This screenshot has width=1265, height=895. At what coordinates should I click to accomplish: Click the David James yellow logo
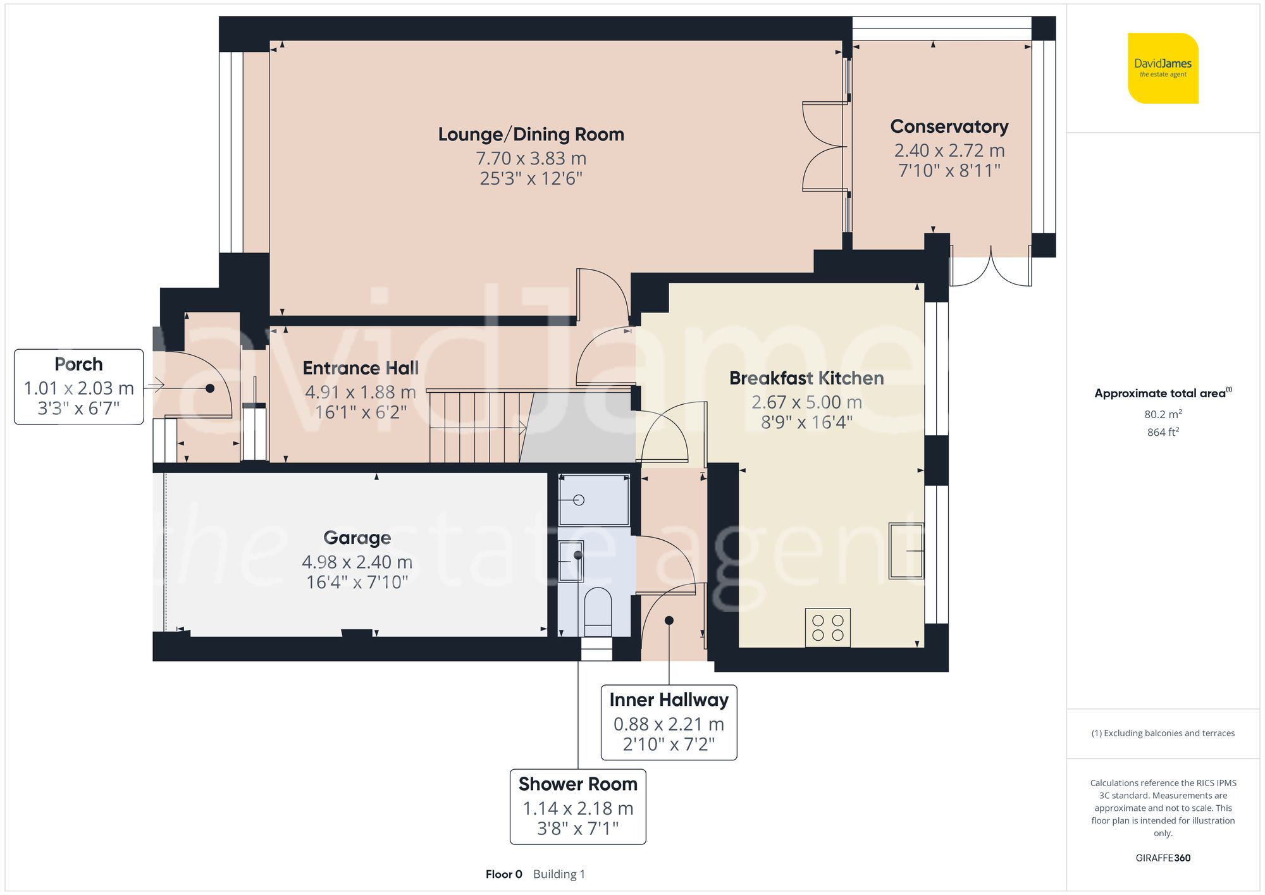click(x=1163, y=68)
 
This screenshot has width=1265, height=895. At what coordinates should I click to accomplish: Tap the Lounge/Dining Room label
click(x=531, y=134)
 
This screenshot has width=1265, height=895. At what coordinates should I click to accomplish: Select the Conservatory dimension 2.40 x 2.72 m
click(x=949, y=151)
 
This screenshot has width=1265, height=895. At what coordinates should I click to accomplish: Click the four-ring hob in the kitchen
click(x=827, y=627)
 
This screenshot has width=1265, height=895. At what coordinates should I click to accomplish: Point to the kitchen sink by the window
click(x=906, y=550)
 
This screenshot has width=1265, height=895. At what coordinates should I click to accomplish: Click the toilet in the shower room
click(x=598, y=610)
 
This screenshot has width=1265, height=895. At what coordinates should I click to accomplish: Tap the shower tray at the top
click(x=594, y=500)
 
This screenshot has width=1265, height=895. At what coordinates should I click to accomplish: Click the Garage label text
click(x=357, y=538)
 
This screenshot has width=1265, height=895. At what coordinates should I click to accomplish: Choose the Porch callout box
click(x=79, y=386)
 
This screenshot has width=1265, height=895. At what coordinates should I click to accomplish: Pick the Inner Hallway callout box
click(x=669, y=722)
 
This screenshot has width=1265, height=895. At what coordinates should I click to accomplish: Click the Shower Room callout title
click(x=577, y=784)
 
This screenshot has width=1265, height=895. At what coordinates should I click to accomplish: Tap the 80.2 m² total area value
click(x=1163, y=414)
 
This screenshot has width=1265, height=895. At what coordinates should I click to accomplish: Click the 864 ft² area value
click(x=1163, y=432)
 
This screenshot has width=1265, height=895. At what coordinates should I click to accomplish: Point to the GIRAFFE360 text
click(x=1163, y=858)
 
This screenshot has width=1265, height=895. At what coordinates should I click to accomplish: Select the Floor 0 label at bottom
click(x=503, y=874)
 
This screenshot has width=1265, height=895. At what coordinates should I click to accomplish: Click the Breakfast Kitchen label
click(x=806, y=378)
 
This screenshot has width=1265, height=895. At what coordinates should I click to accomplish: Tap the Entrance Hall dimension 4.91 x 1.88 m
click(x=360, y=392)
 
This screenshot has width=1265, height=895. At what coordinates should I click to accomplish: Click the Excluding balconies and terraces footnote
click(x=1163, y=733)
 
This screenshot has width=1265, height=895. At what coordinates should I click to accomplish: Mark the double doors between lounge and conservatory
click(x=824, y=147)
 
